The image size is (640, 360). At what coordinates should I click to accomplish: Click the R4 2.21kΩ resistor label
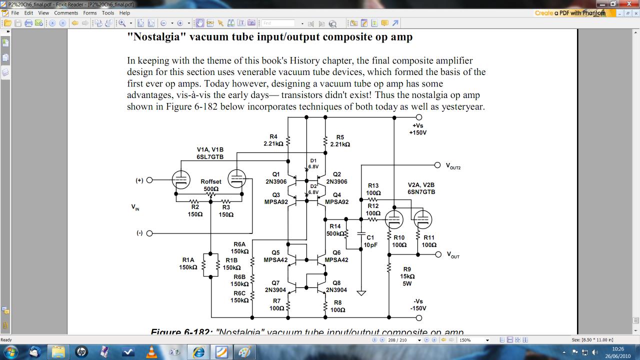pos(273,140)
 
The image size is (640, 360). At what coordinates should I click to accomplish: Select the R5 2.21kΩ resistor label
pos(340,140)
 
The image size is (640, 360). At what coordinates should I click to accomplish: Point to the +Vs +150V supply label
pos(419,129)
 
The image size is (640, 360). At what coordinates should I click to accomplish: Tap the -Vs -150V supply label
pos(418,304)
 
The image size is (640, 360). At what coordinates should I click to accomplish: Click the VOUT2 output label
pos(453,166)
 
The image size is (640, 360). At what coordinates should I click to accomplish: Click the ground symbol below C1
pos(361,293)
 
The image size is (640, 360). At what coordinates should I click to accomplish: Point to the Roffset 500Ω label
pos(211,185)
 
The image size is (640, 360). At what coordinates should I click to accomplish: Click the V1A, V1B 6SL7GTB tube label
pos(210,153)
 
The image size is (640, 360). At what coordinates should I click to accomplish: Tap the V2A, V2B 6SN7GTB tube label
pos(421,188)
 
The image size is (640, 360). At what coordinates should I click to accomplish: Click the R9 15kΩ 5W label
pos(407,276)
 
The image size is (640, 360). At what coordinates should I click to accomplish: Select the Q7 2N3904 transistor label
pos(275,286)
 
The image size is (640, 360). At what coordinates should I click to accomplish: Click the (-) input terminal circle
pos(149,233)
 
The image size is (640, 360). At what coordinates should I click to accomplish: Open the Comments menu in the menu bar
pos(66,13)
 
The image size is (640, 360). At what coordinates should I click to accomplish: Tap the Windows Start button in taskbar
pos(10,351)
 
